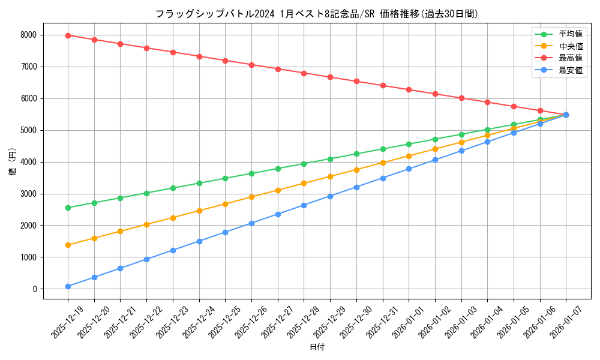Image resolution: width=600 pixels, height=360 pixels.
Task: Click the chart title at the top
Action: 316,14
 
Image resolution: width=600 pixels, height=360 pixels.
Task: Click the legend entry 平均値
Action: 570,34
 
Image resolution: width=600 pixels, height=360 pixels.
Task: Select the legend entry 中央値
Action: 570,46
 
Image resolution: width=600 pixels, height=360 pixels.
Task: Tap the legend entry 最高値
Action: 570,58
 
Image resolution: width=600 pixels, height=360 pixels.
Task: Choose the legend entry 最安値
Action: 570,70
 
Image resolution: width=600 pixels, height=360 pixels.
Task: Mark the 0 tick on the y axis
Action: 34,289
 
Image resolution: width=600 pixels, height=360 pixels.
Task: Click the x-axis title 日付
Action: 317,347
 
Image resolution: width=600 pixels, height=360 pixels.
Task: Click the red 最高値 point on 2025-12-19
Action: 68,35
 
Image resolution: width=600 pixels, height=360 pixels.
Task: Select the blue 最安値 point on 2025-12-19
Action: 68,286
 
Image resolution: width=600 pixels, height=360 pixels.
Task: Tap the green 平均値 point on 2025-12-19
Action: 68,208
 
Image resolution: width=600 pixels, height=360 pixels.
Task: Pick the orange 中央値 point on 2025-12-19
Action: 68,245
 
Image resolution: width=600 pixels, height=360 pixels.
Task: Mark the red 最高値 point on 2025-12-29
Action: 330,77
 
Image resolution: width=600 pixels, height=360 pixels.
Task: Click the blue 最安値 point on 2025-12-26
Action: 251,223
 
